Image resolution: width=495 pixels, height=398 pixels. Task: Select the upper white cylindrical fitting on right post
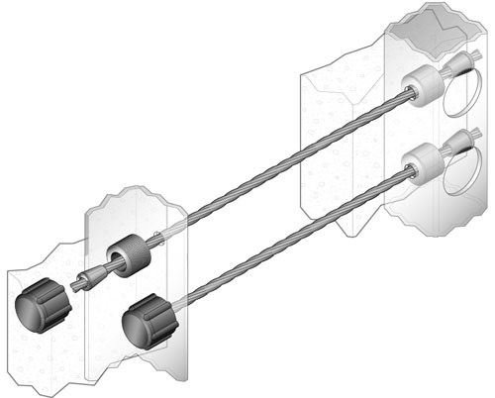pyautogui.click(x=420, y=86)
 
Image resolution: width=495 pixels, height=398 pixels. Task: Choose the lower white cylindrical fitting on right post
pyautogui.click(x=420, y=161)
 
